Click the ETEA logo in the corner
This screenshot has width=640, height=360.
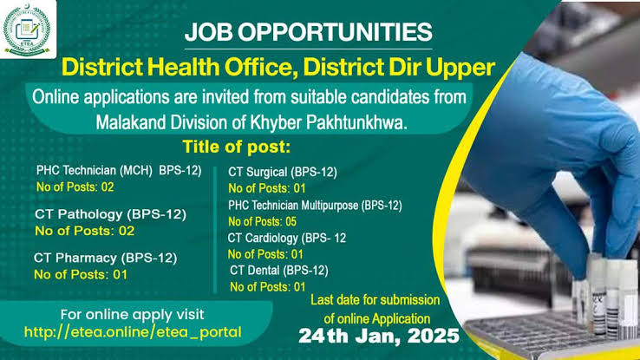point(27,29)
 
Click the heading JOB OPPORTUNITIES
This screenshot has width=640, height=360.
point(308,32)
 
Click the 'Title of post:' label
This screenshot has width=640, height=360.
point(237,147)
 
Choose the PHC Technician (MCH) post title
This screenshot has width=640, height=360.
point(119,171)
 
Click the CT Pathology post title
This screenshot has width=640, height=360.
point(110,214)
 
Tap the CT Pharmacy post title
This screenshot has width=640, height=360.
point(105,259)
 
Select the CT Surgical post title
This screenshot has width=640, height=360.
point(283,173)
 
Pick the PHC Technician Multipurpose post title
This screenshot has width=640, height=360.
point(315,206)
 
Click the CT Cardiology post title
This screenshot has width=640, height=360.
point(286,238)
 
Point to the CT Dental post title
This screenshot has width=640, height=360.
point(278,270)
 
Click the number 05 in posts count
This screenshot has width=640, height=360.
point(291,221)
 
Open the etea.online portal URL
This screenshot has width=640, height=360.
point(133,332)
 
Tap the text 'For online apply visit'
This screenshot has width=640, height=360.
point(132,315)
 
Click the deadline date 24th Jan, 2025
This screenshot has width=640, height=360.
point(379,336)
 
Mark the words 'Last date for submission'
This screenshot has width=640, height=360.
point(376,300)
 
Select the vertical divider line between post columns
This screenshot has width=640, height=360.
point(215,230)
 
